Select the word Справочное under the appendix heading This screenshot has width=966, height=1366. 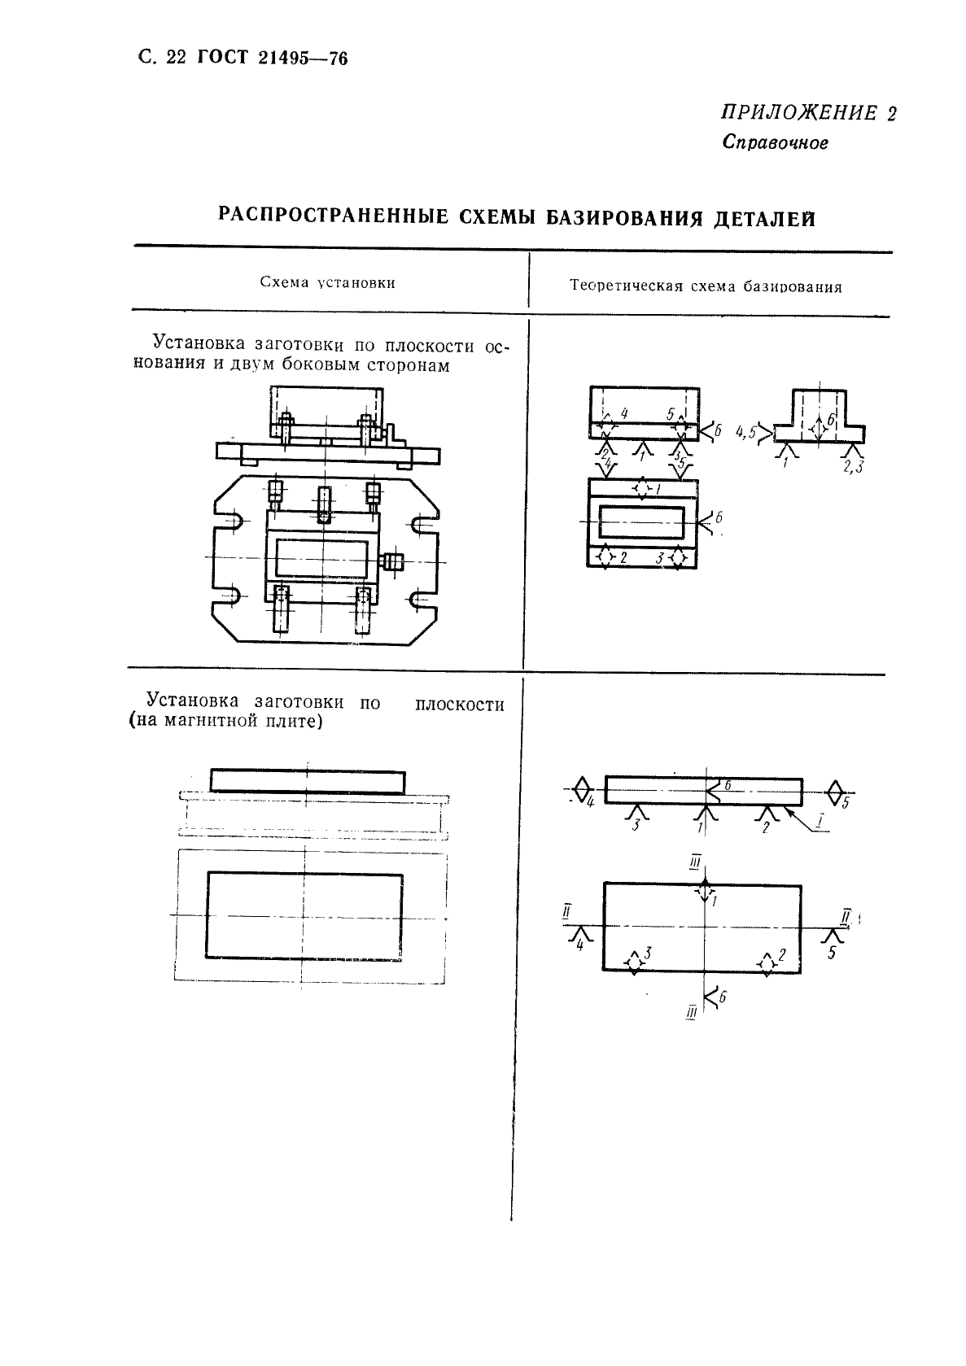[x=775, y=143]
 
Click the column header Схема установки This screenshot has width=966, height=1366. [x=327, y=282]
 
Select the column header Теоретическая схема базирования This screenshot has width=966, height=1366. [x=706, y=286]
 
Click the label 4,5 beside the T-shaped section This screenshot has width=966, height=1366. [x=746, y=433]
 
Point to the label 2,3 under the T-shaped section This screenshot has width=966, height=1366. [x=854, y=466]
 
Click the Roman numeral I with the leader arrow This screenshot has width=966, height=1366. [x=823, y=827]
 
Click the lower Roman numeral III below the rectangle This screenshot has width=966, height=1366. [x=693, y=1012]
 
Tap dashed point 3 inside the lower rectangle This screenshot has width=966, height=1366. [x=635, y=962]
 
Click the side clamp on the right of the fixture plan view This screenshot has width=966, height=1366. [x=393, y=561]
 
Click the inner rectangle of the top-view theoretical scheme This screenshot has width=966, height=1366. [x=642, y=522]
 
